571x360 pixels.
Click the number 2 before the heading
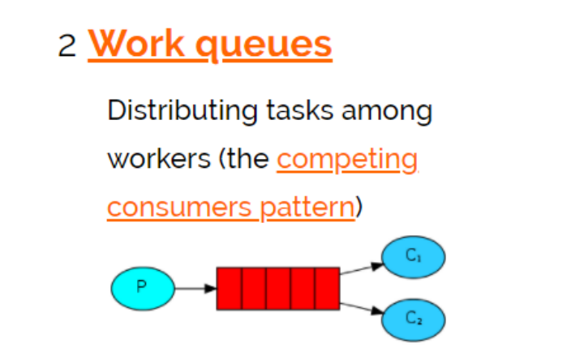(x=67, y=45)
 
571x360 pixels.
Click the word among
(x=386, y=111)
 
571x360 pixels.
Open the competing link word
(x=347, y=160)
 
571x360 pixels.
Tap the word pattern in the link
(x=307, y=208)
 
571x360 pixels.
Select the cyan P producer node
(x=142, y=287)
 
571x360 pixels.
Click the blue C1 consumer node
(x=413, y=256)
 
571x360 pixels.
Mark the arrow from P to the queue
(x=195, y=288)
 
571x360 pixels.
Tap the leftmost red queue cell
(x=229, y=288)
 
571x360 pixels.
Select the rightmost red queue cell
(x=327, y=288)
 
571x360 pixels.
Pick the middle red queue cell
(x=278, y=288)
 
